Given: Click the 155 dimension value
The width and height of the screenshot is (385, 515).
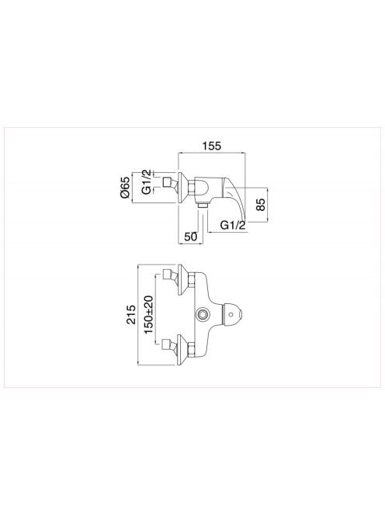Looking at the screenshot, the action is click(x=212, y=146).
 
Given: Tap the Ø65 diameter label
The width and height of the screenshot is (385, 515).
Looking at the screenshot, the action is click(x=125, y=189).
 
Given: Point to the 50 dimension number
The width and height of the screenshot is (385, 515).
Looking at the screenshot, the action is click(x=190, y=236).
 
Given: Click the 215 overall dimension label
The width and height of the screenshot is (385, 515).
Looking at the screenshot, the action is click(x=131, y=315).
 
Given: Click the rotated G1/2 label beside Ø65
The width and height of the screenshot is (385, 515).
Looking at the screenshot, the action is click(x=147, y=181).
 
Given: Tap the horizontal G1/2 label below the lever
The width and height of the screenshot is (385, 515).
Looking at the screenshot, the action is click(x=233, y=225).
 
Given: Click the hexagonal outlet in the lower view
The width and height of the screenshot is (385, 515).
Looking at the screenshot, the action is click(x=201, y=315).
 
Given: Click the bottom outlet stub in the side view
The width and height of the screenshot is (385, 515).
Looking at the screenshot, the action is click(x=203, y=206).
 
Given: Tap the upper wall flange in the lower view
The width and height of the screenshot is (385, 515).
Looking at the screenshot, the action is click(x=182, y=279).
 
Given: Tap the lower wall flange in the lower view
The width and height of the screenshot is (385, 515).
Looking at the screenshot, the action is click(x=182, y=350).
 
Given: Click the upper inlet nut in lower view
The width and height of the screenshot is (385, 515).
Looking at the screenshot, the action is click(x=192, y=280).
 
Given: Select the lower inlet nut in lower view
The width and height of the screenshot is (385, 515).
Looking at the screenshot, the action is click(x=192, y=350).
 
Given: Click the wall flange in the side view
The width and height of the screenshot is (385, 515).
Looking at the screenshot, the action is click(x=182, y=187).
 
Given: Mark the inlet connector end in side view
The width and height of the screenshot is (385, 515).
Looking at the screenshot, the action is click(x=168, y=181).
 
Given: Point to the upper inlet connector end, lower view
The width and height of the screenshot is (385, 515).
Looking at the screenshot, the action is click(x=168, y=274).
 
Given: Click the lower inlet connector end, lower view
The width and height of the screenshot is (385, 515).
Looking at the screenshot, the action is click(x=168, y=344).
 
